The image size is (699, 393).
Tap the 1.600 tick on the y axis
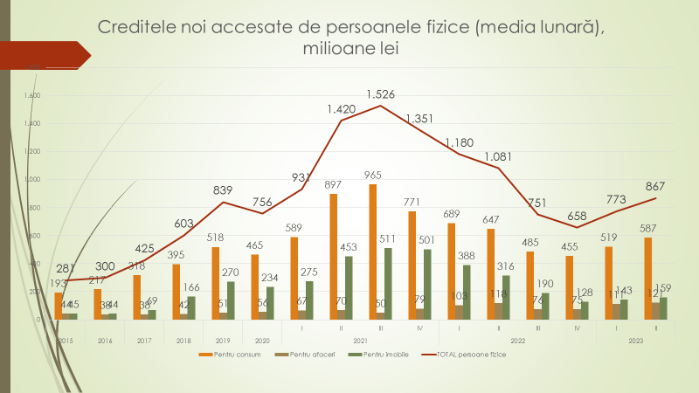point(33,95)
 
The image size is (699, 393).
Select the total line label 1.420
point(342,109)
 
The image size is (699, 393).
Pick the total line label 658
point(577,216)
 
